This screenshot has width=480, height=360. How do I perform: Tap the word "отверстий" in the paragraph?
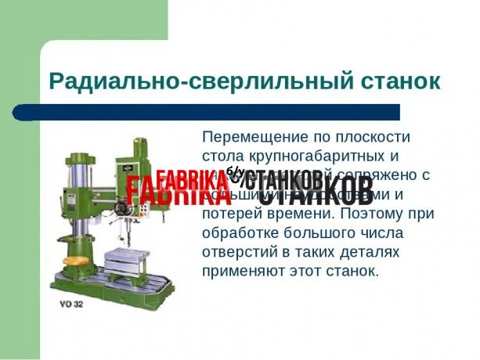coord(240,252)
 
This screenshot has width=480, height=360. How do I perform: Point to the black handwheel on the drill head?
coord(121,209)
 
